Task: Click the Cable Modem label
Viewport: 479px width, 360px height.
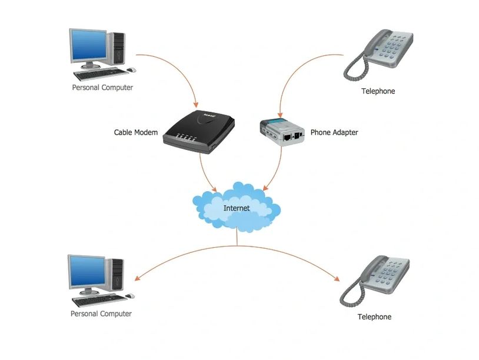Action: (x=135, y=132)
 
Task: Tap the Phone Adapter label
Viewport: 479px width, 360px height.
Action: (x=334, y=132)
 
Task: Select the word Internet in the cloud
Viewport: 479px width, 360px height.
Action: (x=237, y=208)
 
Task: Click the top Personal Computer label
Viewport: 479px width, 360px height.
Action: (x=102, y=88)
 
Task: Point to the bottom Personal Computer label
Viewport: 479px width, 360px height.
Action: (x=101, y=314)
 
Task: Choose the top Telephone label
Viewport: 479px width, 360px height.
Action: (x=378, y=91)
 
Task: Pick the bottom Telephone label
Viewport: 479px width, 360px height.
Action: (x=374, y=317)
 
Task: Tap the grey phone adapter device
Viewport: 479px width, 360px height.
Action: (x=282, y=131)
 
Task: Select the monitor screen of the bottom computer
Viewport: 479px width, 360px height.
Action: (x=87, y=271)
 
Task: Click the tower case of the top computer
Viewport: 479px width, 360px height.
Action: (x=118, y=48)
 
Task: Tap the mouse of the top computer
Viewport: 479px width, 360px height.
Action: (x=131, y=70)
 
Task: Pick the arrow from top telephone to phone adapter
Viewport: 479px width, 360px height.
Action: (x=300, y=68)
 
